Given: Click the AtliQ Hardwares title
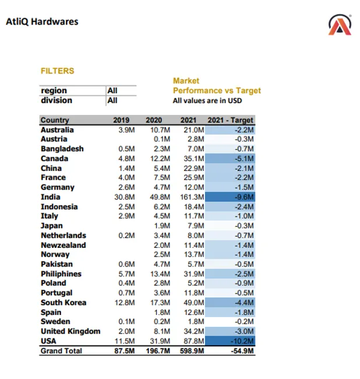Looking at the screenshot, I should [x=42, y=22].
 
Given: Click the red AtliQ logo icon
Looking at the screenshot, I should [x=340, y=24].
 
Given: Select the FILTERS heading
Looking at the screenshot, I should [x=58, y=71].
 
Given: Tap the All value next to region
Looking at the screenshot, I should [x=112, y=90].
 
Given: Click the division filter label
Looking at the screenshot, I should [x=57, y=100].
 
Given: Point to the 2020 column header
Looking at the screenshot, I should [x=154, y=120].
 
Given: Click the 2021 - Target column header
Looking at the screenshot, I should [x=231, y=120].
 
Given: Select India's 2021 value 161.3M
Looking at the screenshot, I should [x=192, y=197].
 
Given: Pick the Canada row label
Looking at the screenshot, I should [x=54, y=159].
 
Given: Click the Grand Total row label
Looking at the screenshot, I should [x=61, y=351].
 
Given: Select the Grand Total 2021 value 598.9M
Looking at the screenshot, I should [x=190, y=351].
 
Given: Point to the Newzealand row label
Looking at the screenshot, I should [x=63, y=245].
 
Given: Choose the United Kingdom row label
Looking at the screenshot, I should [x=70, y=331].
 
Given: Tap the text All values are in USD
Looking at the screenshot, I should [x=207, y=100].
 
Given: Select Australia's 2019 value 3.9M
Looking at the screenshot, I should [x=126, y=130].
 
